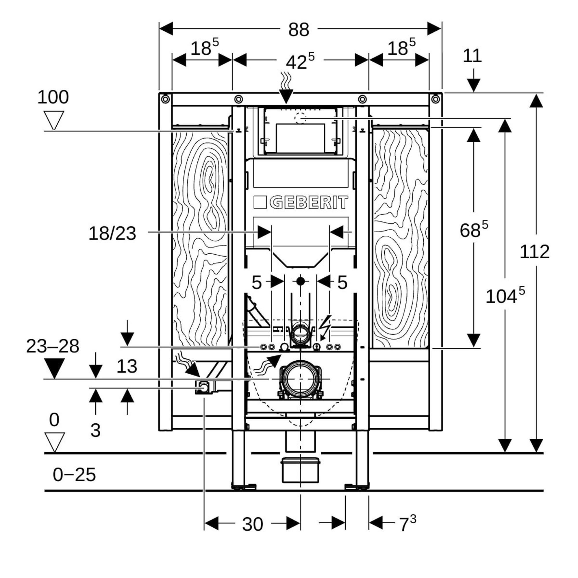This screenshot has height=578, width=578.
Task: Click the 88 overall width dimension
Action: point(299,30)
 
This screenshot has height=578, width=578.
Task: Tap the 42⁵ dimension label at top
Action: point(300,62)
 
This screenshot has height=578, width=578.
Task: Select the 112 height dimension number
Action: point(534,252)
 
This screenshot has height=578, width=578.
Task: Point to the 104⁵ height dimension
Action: point(505,296)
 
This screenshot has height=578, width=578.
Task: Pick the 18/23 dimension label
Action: point(112,233)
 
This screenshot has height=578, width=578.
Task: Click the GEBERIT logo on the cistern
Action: point(301,203)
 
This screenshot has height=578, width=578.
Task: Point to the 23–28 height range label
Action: point(53,347)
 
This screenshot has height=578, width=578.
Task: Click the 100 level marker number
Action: point(53,97)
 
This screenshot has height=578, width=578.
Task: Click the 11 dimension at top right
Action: point(472,56)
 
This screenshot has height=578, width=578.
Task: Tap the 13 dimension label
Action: point(127,366)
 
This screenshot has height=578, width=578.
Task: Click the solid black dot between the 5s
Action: point(300,281)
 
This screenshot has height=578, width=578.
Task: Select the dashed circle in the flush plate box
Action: point(300,118)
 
